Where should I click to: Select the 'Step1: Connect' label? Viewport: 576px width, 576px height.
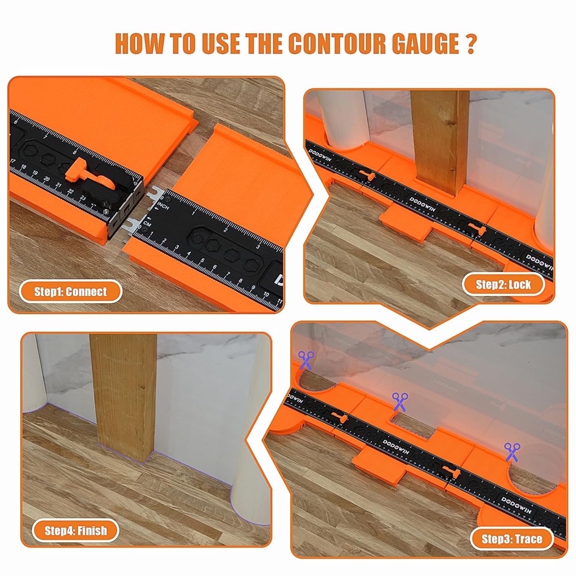[70, 291]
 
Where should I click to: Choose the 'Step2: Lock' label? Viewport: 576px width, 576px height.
[503, 284]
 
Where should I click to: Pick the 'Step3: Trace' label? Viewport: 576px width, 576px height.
[512, 539]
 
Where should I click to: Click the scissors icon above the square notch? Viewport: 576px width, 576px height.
[400, 402]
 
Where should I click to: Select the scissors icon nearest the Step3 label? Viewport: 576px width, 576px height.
[512, 451]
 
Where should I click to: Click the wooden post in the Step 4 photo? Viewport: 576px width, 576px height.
[124, 394]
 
